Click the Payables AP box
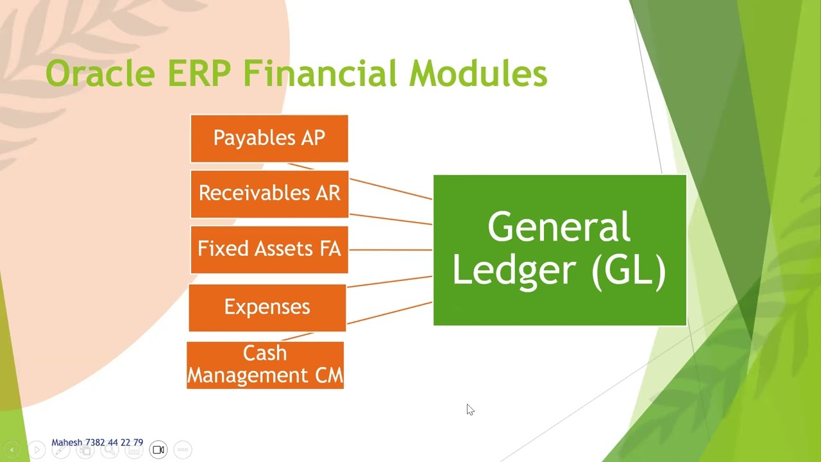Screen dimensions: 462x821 [269, 139]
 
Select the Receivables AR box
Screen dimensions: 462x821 [269, 194]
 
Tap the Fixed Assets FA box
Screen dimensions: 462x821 [269, 249]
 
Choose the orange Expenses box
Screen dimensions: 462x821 [267, 307]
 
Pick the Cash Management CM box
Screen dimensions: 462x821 [265, 364]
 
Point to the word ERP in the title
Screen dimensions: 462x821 [199, 73]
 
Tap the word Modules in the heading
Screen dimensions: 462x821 [478, 73]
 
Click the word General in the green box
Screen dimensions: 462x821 [559, 227]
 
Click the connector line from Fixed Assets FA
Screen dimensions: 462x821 [391, 249]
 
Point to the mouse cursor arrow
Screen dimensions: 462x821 [470, 409]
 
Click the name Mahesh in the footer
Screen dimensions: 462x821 [67, 443]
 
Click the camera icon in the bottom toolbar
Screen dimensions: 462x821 [158, 450]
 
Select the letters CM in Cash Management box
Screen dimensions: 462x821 [329, 375]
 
